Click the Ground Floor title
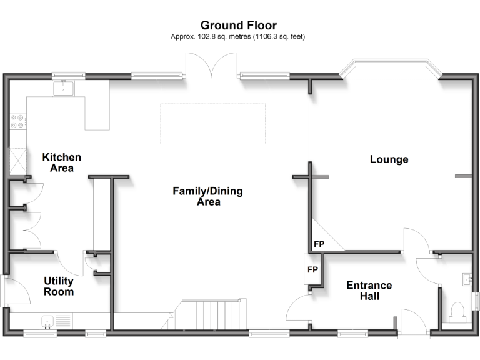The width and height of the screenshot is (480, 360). pos(239,25)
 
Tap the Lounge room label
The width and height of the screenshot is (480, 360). pos(389,159)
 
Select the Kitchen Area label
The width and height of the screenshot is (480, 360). pos(61,162)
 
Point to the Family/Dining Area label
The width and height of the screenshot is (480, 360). pos(208,196)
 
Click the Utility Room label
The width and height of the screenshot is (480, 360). pos(59,286)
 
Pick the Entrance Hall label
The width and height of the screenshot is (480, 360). pos(369,291)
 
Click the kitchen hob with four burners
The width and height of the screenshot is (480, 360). pos(17,121)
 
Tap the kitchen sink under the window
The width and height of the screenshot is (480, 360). pos(63,88)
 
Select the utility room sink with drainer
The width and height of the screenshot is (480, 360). pos(56,321)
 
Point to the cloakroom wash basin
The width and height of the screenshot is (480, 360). pos(467,280)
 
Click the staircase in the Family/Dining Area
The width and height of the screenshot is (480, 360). pos(207,315)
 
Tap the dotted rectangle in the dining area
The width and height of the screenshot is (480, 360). pos(213,124)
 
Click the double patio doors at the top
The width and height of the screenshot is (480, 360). pos(211,66)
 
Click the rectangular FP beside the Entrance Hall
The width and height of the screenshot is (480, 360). pos(312,269)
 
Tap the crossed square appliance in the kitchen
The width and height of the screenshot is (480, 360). pos(18,161)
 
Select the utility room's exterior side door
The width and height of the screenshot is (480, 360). pos(15,291)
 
